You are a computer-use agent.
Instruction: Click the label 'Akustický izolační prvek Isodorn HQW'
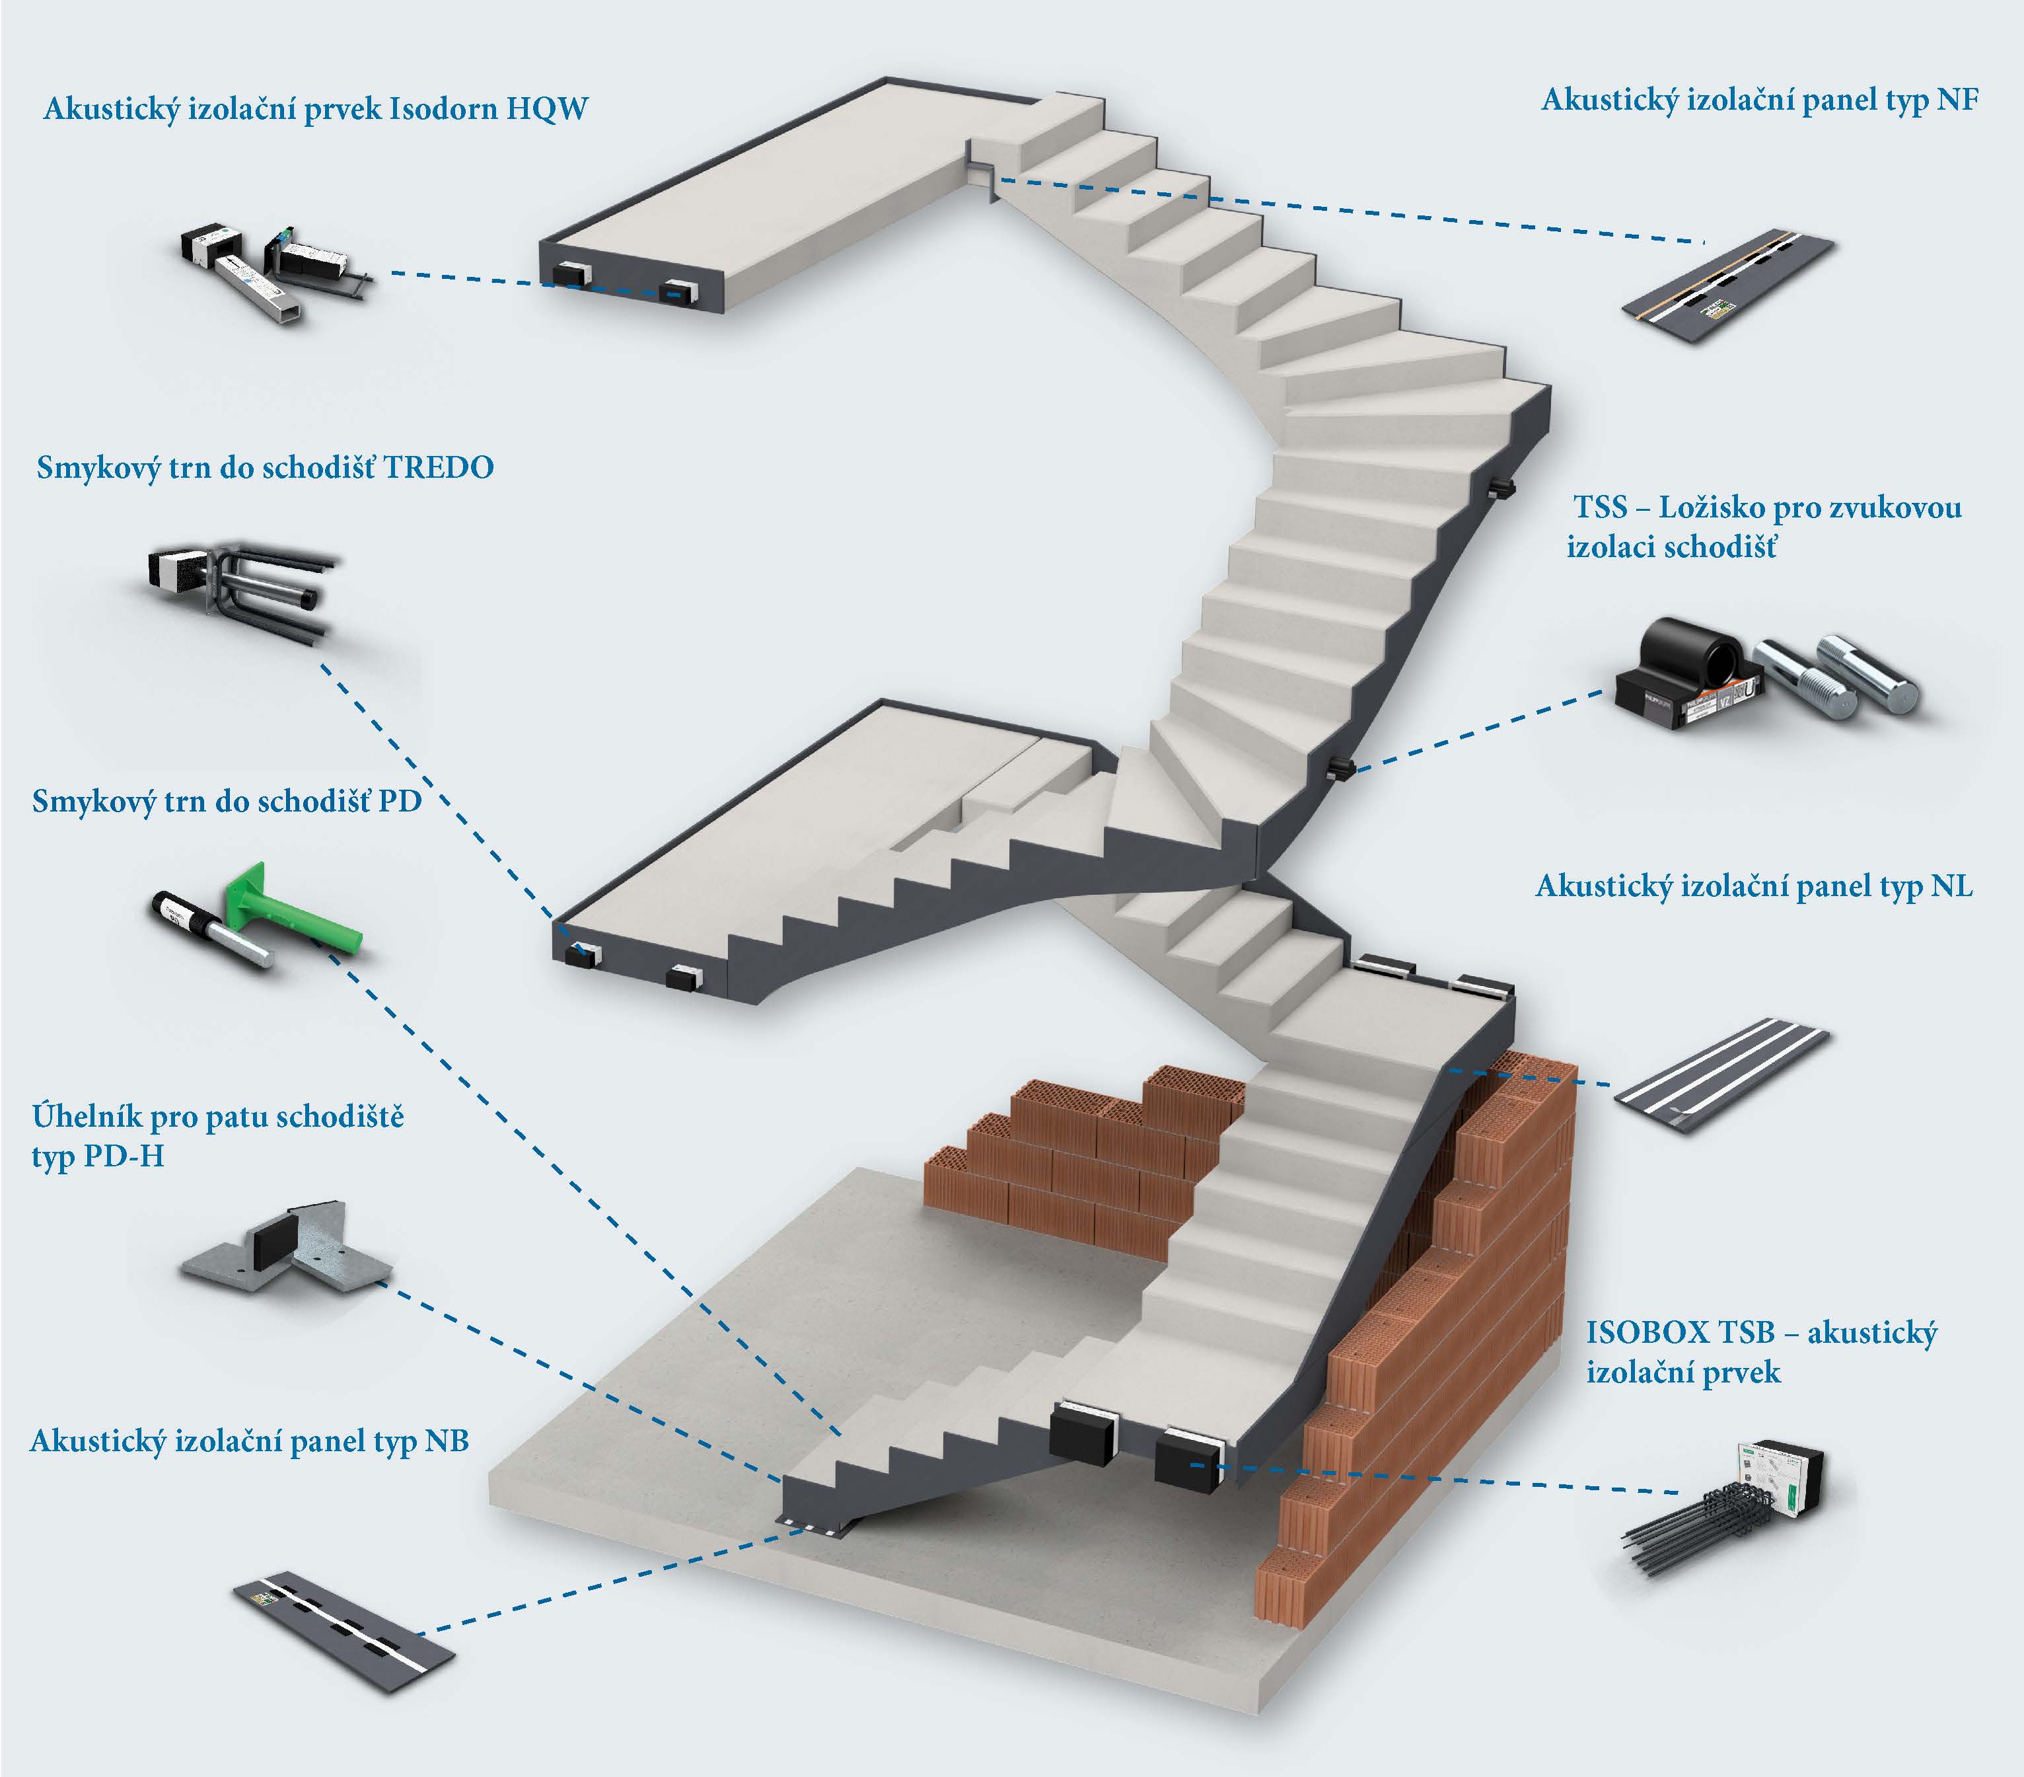click(x=315, y=108)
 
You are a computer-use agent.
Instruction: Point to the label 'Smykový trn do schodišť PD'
click(x=227, y=800)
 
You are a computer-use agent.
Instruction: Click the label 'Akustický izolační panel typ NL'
click(x=1754, y=886)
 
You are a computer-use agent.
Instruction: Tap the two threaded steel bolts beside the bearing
click(x=1838, y=673)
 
